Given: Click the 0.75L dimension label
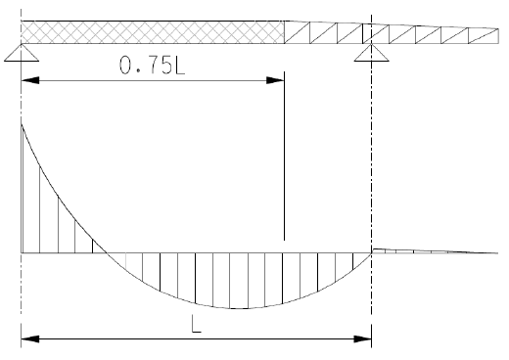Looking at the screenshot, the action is pos(152,65).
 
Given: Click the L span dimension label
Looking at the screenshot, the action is pos(197,324).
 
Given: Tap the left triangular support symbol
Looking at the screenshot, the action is pos(22,53).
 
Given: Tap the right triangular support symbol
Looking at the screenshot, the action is pos(371,53).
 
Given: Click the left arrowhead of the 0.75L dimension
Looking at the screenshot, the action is pos(30,80).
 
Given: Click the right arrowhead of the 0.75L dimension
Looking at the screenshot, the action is pos(275,80).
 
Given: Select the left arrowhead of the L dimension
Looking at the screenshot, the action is pos(30,339).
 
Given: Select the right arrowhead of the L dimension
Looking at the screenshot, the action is pos(362,339).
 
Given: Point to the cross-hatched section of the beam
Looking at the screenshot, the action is pos(153,32).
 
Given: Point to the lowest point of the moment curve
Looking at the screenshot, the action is pos(239,308).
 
